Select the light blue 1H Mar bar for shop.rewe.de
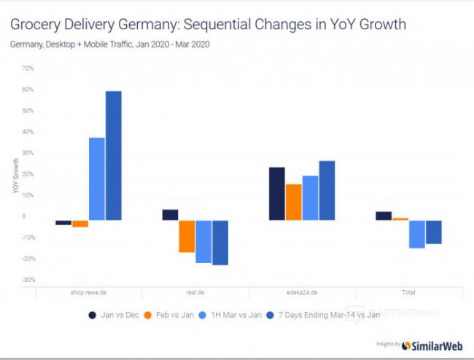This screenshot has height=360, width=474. click(97, 179)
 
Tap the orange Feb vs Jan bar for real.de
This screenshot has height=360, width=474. click(187, 236)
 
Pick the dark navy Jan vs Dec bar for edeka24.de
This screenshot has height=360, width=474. click(276, 194)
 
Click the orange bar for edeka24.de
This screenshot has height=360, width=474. click(293, 202)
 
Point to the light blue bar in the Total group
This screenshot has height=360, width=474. click(416, 234)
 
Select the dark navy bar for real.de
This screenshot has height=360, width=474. click(170, 215)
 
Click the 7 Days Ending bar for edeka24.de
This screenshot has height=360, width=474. click(327, 190)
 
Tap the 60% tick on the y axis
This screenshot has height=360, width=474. click(28, 90)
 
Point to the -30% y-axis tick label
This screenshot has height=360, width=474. click(28, 280)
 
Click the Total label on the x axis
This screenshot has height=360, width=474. click(408, 292)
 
